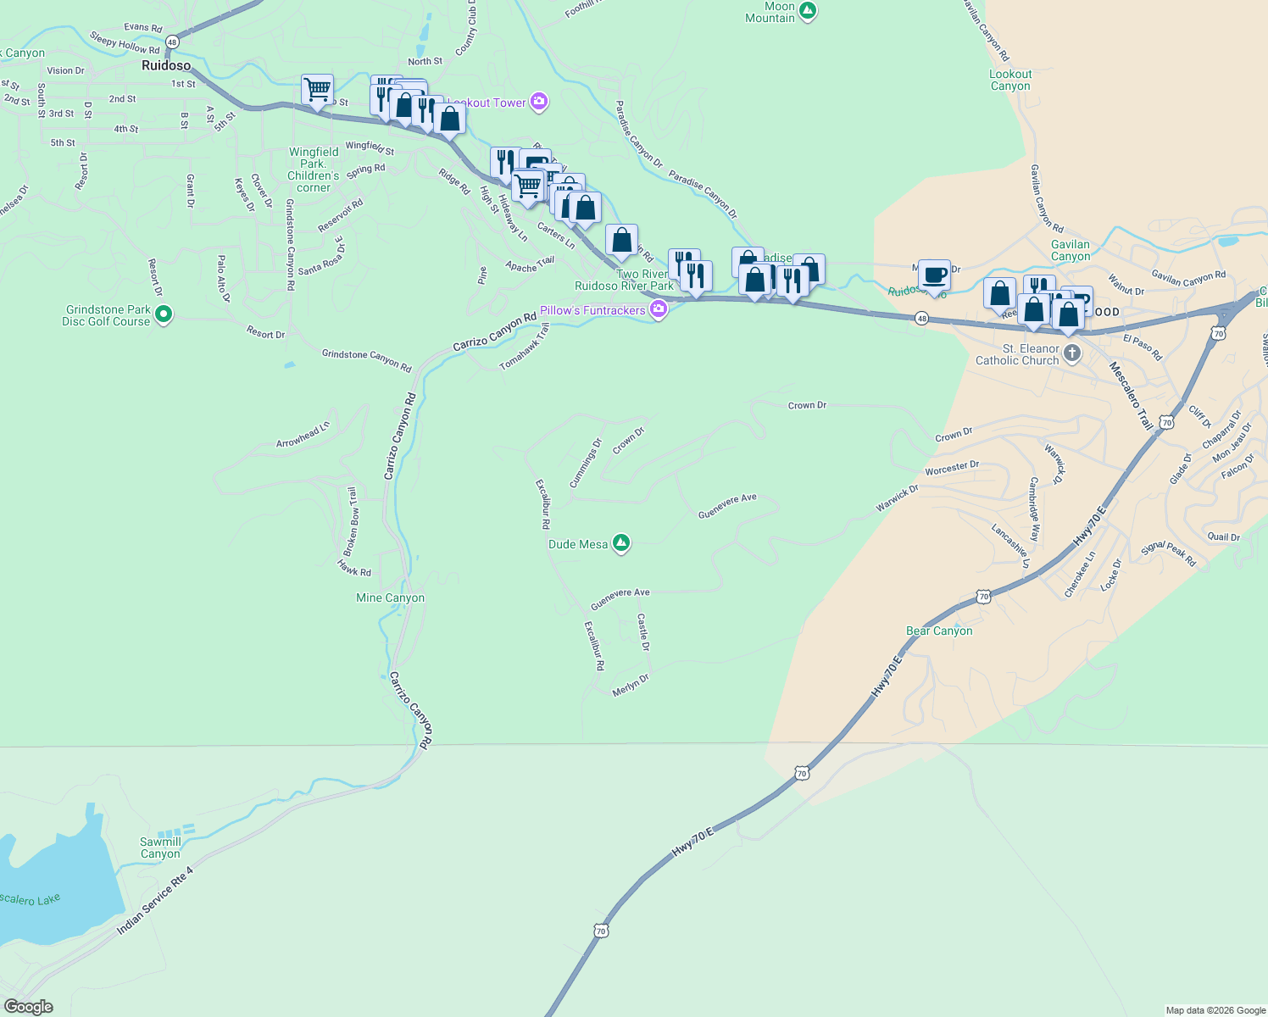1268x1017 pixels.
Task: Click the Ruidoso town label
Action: pyautogui.click(x=166, y=65)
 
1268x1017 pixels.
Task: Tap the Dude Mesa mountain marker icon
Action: pyautogui.click(x=621, y=543)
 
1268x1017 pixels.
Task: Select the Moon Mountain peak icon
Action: pyautogui.click(x=808, y=11)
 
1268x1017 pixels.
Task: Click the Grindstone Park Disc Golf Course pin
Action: pyautogui.click(x=164, y=315)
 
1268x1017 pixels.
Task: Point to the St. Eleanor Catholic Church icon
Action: pyautogui.click(x=1072, y=353)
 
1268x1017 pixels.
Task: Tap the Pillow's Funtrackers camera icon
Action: pyautogui.click(x=659, y=310)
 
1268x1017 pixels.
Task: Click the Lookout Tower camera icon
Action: pyautogui.click(x=539, y=103)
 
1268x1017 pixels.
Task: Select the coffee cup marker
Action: pyautogui.click(x=934, y=276)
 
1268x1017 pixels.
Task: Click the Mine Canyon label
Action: pyautogui.click(x=390, y=597)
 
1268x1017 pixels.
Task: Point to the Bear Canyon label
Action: pyautogui.click(x=939, y=631)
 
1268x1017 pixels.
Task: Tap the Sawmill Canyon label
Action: pyautogui.click(x=160, y=847)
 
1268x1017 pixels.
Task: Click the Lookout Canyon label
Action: pyautogui.click(x=1010, y=80)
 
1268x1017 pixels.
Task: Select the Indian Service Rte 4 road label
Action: pyautogui.click(x=155, y=900)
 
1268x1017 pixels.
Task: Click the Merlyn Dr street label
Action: pyautogui.click(x=631, y=685)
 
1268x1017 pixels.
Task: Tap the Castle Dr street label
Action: pyautogui.click(x=643, y=632)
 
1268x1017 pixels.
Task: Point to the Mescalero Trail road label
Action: pyautogui.click(x=1132, y=396)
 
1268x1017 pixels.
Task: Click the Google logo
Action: pyautogui.click(x=29, y=1007)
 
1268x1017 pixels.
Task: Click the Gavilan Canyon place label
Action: pyautogui.click(x=1071, y=250)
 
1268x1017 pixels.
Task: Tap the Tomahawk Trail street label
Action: pyautogui.click(x=525, y=347)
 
